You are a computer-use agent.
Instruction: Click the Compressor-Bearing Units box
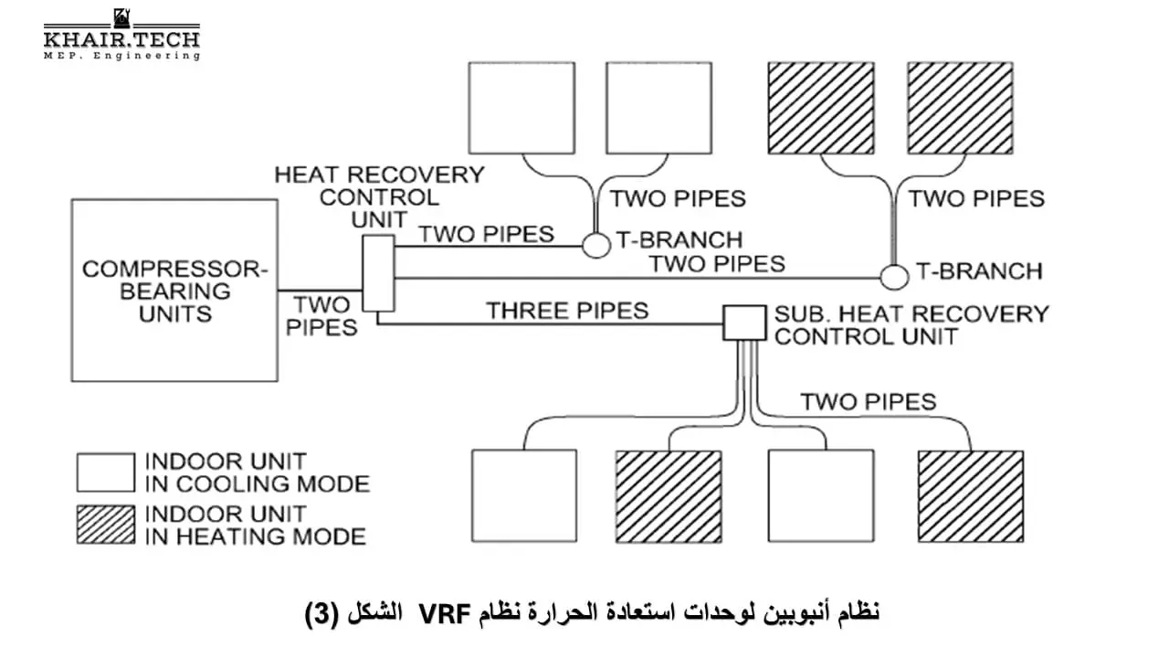pos(174,291)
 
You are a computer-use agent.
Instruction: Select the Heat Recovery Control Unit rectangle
pos(379,273)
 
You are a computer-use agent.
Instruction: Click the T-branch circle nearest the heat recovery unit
pos(596,245)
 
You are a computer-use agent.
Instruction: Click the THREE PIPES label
pos(567,311)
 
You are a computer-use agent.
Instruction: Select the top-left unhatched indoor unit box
pos(521,108)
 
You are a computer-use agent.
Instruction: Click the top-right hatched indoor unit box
pos(960,108)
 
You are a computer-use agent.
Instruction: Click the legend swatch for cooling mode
pos(105,472)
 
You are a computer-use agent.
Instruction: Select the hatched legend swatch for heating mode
pos(105,525)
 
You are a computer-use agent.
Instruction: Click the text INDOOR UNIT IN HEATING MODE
pos(256,525)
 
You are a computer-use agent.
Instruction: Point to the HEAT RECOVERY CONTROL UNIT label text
pos(379,196)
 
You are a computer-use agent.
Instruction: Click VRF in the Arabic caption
pos(443,613)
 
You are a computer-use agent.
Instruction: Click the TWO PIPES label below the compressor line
pos(321,315)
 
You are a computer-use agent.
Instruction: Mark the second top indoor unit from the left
pos(658,108)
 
